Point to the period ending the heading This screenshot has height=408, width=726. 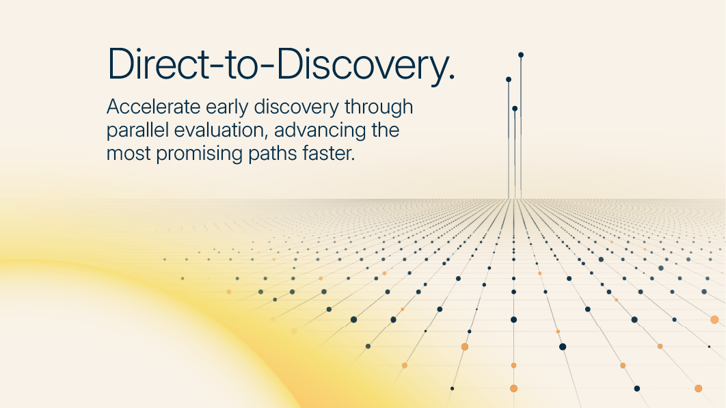[x=452, y=78]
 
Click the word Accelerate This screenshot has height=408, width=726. [x=153, y=107]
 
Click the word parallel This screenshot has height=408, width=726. [x=137, y=131]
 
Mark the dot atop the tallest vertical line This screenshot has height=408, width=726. [x=521, y=55]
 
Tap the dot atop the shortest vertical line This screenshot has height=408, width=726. [x=515, y=109]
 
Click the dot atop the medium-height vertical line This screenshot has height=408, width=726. [x=509, y=79]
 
